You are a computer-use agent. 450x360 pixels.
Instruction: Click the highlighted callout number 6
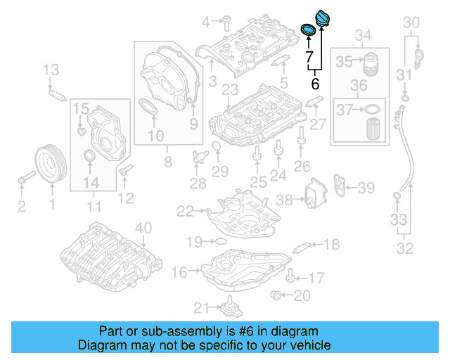315,83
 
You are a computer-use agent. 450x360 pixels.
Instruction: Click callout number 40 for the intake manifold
143,227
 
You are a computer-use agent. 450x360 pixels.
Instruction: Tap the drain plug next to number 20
276,295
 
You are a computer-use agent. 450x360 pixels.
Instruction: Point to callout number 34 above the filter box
362,35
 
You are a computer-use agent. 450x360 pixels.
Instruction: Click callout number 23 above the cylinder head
229,89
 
